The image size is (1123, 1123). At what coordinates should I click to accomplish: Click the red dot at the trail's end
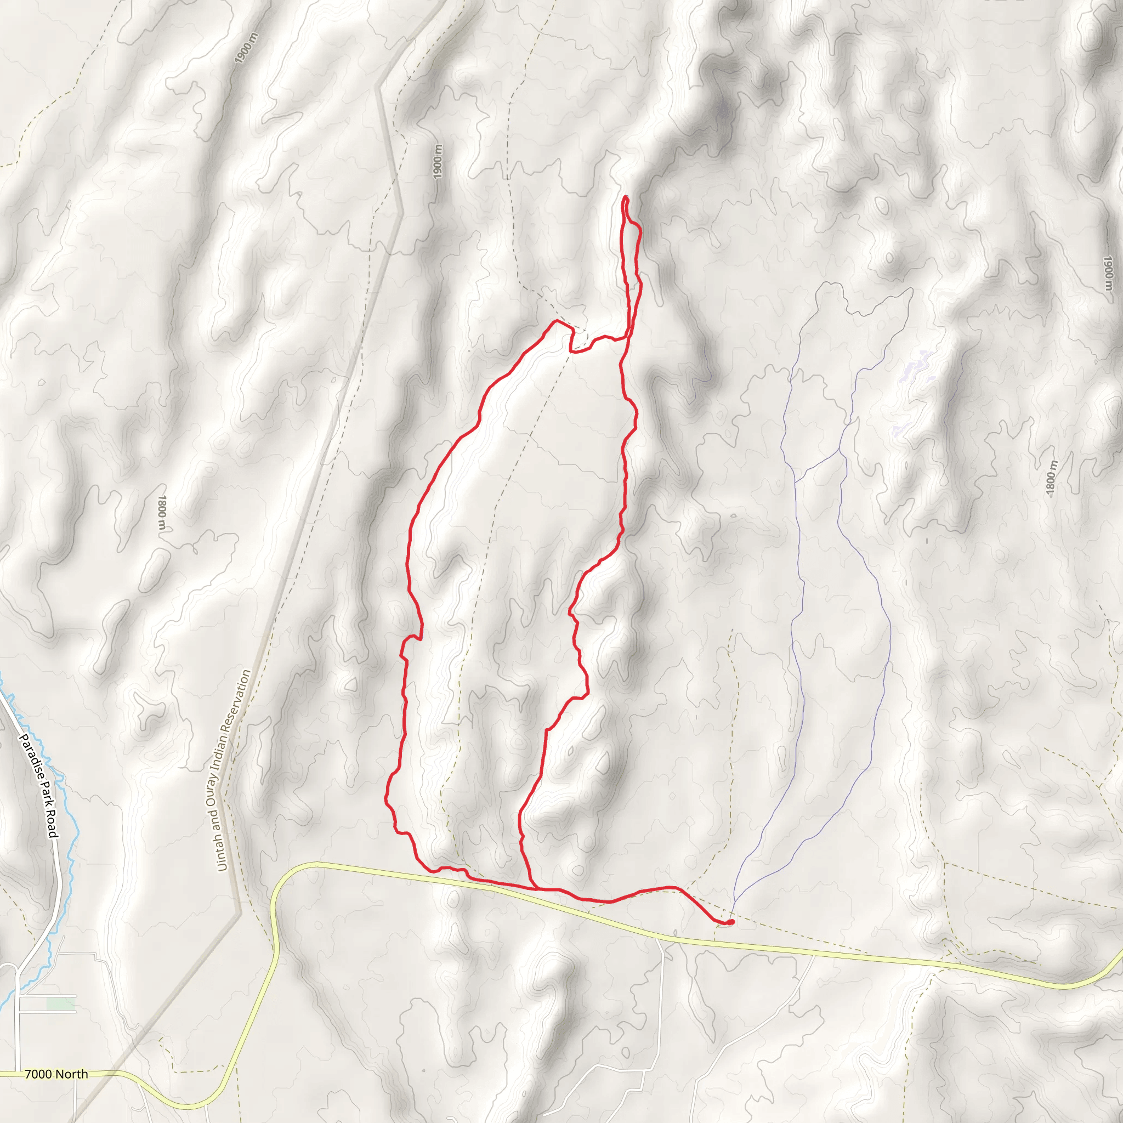730,922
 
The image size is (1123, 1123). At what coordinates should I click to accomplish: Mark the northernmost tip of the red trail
626,197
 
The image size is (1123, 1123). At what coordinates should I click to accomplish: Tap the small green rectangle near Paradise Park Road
60,1005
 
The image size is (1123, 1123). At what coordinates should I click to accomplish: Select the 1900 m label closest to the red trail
438,162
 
